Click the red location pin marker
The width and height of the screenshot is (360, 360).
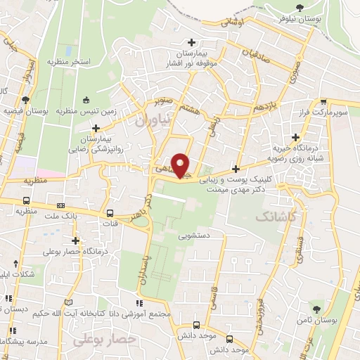(181, 165)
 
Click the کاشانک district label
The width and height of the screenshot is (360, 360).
(266, 218)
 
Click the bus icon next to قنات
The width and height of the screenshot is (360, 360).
(109, 214)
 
